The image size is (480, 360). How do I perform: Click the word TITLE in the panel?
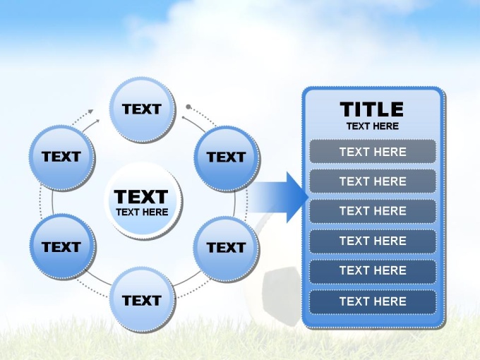[372, 109]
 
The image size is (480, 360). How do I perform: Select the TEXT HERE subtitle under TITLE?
[373, 126]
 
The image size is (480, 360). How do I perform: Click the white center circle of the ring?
[143, 200]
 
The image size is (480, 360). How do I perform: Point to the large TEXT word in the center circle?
[141, 196]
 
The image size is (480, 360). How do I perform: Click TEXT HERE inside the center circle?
[142, 212]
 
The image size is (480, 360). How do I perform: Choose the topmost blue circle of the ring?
[143, 110]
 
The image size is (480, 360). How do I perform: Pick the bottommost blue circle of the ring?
[143, 301]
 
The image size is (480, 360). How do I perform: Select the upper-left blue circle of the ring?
[62, 158]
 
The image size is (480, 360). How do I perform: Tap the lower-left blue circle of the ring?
[63, 247]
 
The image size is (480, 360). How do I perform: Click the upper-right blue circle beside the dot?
[227, 159]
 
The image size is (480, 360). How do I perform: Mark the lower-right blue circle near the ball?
[226, 248]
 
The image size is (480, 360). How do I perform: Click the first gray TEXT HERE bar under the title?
[373, 152]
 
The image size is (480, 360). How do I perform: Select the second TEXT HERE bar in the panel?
[373, 181]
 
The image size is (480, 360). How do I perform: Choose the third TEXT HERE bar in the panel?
[373, 211]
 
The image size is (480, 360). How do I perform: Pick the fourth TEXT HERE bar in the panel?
[373, 241]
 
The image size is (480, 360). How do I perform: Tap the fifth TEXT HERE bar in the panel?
[373, 270]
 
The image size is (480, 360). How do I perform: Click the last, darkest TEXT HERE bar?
[373, 301]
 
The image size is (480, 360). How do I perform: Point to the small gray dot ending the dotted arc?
[188, 107]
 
